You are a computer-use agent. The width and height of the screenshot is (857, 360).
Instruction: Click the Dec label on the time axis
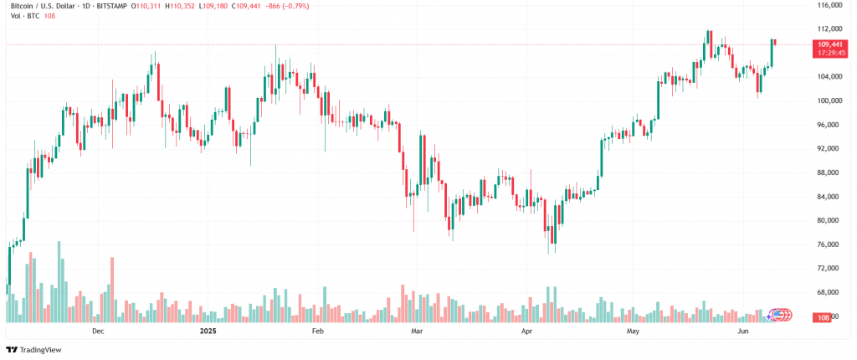click(98, 332)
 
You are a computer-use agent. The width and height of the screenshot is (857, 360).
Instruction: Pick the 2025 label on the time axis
click(208, 332)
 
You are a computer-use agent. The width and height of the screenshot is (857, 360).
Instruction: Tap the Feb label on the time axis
click(317, 332)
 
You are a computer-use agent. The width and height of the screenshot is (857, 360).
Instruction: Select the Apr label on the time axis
click(526, 332)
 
